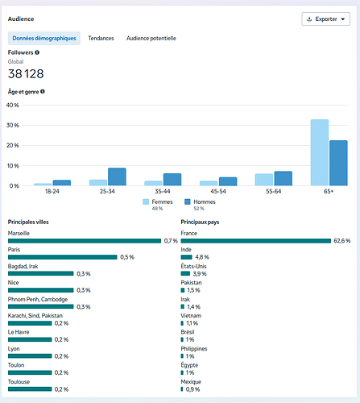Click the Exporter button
pyautogui.click(x=325, y=19)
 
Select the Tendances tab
pyautogui.click(x=101, y=38)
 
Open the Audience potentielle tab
pyautogui.click(x=151, y=38)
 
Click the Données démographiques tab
pyautogui.click(x=44, y=38)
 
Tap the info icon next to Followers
pyautogui.click(x=37, y=52)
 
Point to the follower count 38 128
pyautogui.click(x=26, y=74)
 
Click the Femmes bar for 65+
pyautogui.click(x=320, y=152)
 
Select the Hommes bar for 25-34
pyautogui.click(x=117, y=177)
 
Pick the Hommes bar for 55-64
pyautogui.click(x=283, y=178)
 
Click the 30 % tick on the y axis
pyautogui.click(x=13, y=125)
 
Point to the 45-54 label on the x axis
pyautogui.click(x=218, y=191)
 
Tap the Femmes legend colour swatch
pyautogui.click(x=146, y=201)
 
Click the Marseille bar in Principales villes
pyautogui.click(x=85, y=241)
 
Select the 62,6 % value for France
pyautogui.click(x=342, y=241)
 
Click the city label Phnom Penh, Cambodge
pyautogui.click(x=38, y=299)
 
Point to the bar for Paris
pyautogui.click(x=63, y=257)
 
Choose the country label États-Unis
pyautogui.click(x=193, y=266)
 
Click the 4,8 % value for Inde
pyautogui.click(x=202, y=257)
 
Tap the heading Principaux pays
pyautogui.click(x=200, y=222)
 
